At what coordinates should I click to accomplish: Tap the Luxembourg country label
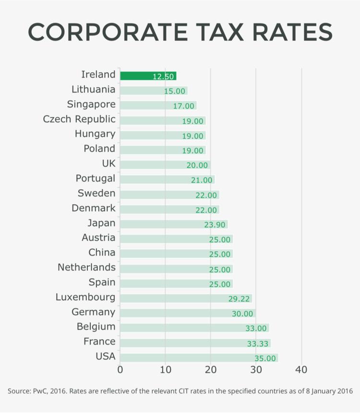[85, 297]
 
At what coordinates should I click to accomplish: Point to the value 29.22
[239, 299]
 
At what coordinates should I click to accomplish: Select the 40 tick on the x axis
[301, 370]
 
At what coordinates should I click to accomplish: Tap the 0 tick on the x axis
[120, 370]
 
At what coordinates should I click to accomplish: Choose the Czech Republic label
[79, 119]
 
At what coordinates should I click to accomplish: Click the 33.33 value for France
[258, 343]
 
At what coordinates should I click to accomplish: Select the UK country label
[108, 164]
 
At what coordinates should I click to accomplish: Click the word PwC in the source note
[40, 391]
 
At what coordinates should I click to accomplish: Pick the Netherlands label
[86, 267]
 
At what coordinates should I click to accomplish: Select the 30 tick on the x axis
[256, 370]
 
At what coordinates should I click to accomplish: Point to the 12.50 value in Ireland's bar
[163, 76]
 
